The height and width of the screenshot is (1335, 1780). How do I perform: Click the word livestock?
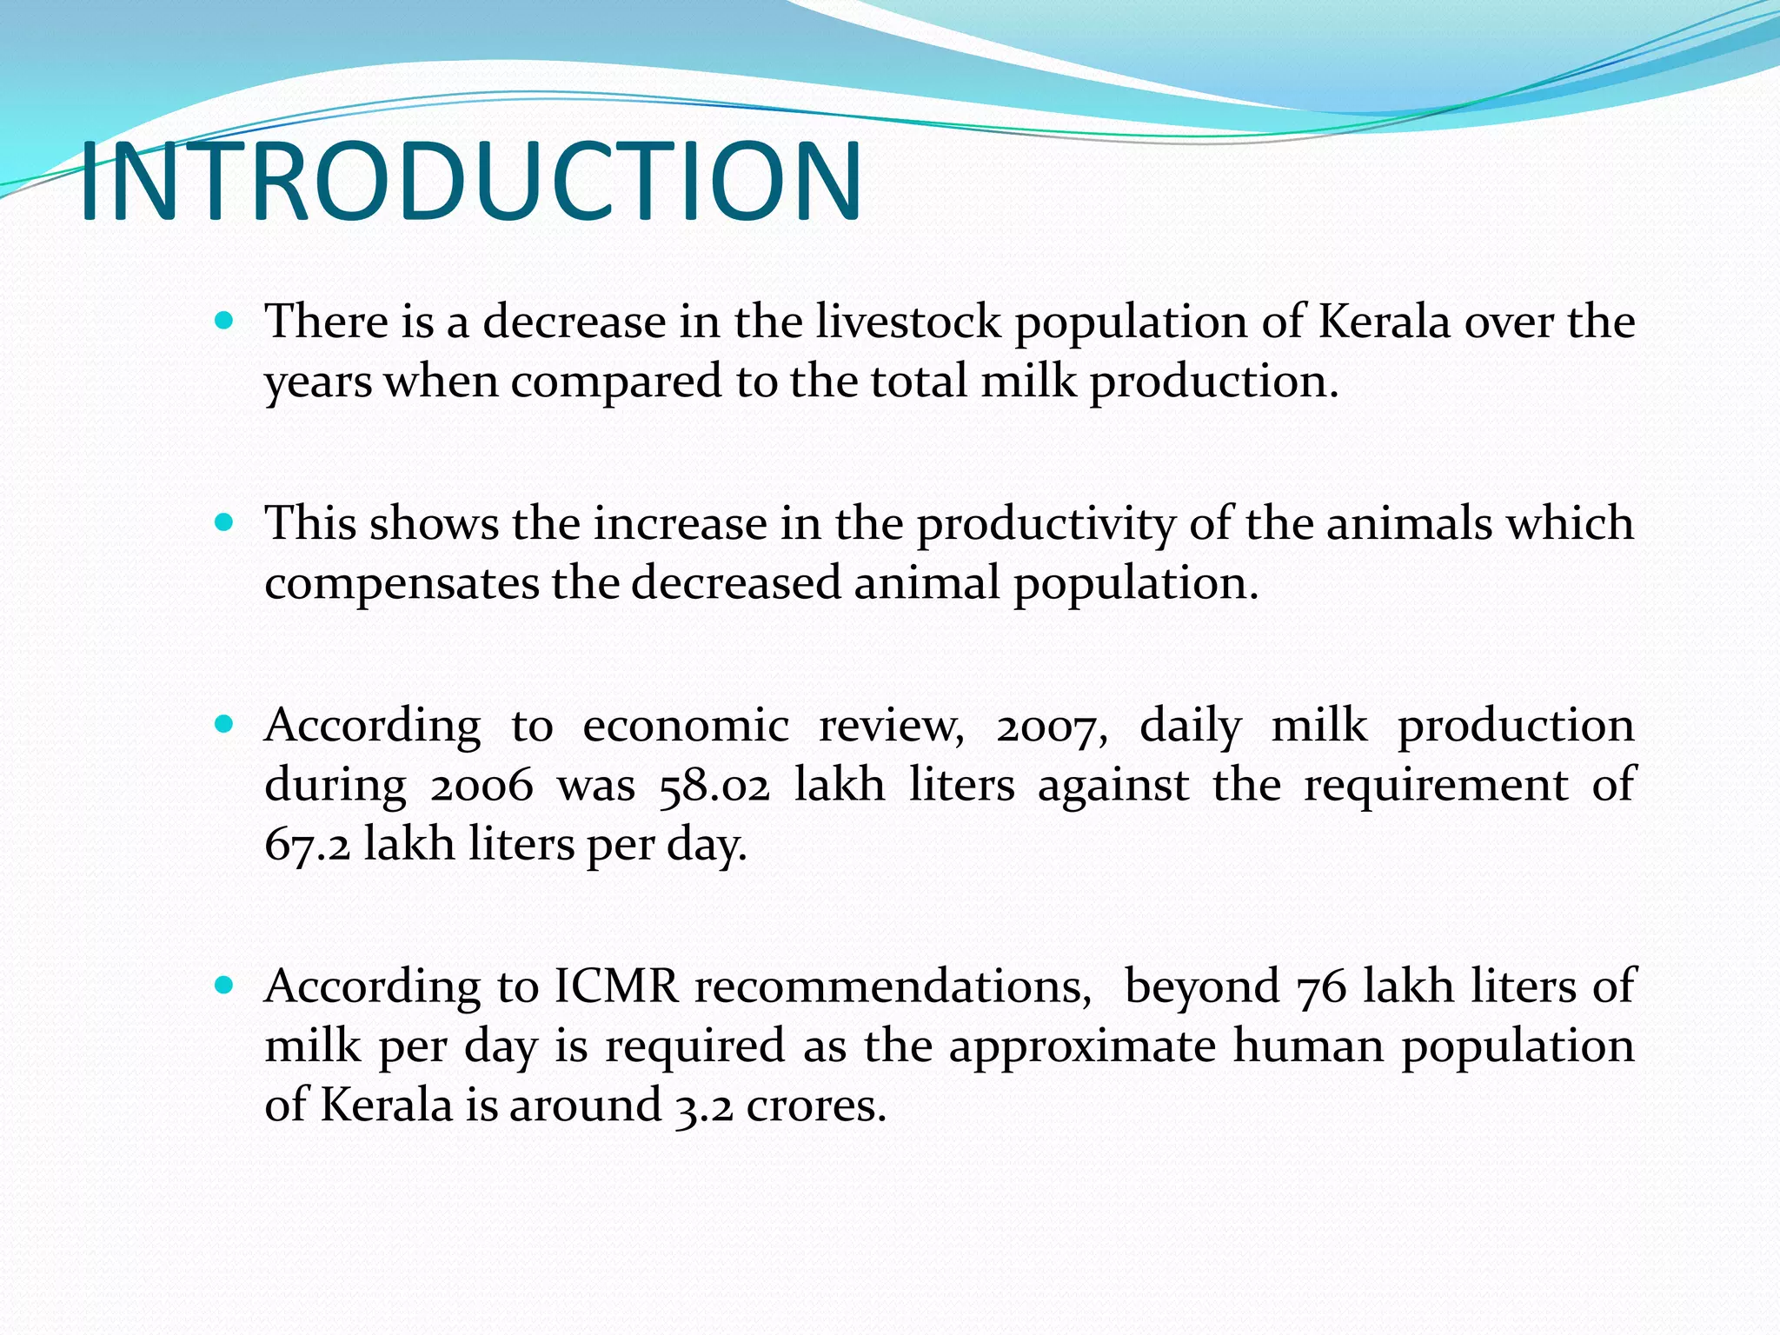point(908,322)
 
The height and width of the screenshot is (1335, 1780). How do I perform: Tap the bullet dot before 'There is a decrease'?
point(224,321)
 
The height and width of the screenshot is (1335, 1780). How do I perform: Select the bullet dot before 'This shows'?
point(224,522)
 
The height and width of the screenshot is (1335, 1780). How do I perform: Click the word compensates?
point(401,584)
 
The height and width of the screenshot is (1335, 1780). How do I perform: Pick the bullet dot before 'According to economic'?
point(224,724)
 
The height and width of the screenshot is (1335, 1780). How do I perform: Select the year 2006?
point(482,786)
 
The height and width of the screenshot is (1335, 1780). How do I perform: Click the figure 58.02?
point(714,786)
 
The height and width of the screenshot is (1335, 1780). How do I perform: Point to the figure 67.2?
point(308,845)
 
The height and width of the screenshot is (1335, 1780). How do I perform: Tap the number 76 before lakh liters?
point(1321,988)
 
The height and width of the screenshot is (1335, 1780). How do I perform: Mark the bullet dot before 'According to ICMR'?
point(224,985)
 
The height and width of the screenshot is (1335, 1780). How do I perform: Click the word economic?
point(686,727)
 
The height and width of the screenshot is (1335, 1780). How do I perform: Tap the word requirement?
point(1436,786)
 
